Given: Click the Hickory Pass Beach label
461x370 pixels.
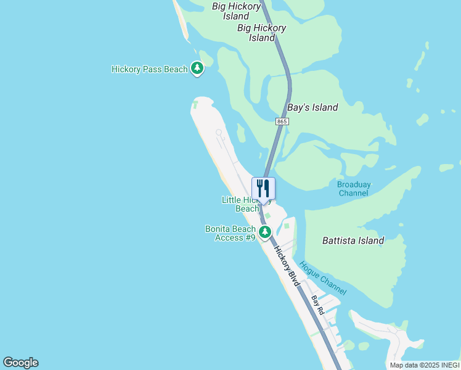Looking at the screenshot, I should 149,69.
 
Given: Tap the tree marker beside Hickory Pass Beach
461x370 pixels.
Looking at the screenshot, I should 197,68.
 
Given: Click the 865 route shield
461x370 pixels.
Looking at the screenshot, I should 282,122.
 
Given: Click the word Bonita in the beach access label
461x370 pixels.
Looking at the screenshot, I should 219,229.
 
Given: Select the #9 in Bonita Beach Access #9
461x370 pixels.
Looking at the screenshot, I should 250,237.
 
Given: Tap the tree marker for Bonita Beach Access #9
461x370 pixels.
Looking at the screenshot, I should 265,232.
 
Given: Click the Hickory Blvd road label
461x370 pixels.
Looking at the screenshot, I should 287,266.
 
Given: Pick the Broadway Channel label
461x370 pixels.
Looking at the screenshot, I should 353,189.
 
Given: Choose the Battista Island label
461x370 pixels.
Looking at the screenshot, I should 353,240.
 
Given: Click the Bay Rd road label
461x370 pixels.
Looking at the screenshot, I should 317,305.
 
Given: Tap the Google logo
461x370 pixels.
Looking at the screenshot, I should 20,363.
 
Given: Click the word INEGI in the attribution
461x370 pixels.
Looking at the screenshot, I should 448,365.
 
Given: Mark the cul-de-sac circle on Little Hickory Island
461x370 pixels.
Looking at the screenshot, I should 219,132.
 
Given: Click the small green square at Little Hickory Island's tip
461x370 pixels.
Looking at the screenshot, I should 195,105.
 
